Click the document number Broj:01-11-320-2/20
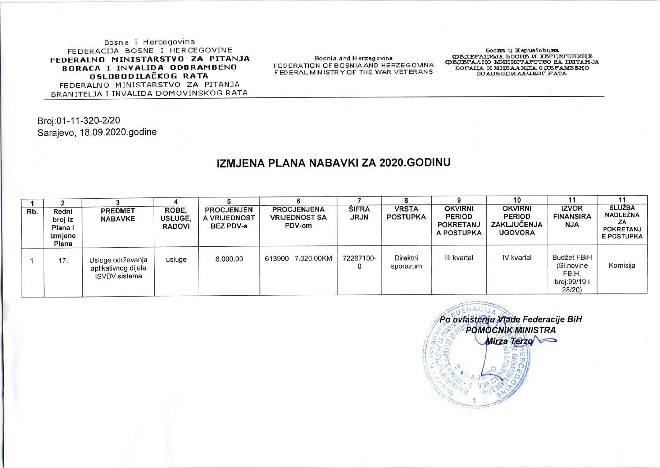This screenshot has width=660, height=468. click(x=79, y=120)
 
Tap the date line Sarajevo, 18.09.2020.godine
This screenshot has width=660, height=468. click(x=97, y=132)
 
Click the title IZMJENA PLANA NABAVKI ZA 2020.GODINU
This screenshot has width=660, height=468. click(x=334, y=163)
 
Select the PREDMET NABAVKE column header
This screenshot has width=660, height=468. click(x=118, y=215)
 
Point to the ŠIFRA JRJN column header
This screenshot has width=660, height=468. click(x=359, y=213)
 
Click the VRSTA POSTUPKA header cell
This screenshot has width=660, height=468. click(x=406, y=213)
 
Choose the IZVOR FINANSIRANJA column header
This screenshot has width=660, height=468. click(x=572, y=216)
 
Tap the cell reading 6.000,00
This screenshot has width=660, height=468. click(x=229, y=259)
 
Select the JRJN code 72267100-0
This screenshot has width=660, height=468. click(x=359, y=262)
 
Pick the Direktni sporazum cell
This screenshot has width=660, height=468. click(x=406, y=262)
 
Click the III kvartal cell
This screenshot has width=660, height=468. click(x=459, y=258)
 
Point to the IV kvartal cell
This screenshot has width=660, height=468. click(x=517, y=258)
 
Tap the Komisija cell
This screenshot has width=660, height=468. click(x=622, y=265)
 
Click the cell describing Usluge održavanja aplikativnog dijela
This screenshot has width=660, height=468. click(x=119, y=268)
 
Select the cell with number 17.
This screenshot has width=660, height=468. click(x=63, y=260)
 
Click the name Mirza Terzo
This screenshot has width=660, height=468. click(x=509, y=341)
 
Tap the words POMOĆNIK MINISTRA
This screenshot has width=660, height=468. click(x=511, y=330)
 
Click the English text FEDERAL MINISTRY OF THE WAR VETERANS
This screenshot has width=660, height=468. click(x=353, y=72)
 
